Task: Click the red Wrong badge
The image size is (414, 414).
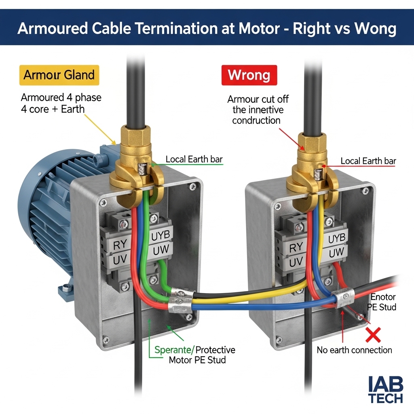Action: (x=249, y=75)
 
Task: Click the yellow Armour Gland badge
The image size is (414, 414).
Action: (x=59, y=75)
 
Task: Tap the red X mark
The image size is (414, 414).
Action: (x=373, y=334)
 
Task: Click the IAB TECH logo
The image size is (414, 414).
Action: (x=385, y=390)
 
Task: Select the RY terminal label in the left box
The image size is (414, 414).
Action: (x=120, y=245)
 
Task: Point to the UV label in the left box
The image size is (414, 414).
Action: (x=120, y=260)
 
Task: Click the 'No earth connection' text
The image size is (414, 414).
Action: (x=354, y=350)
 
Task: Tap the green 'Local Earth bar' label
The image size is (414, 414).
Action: (x=194, y=159)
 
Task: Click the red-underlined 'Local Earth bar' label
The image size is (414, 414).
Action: (x=368, y=161)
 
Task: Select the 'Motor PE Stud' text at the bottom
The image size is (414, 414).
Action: (x=197, y=360)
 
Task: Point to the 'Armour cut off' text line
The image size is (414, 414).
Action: (x=258, y=99)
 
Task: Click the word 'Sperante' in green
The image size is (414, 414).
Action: (x=173, y=350)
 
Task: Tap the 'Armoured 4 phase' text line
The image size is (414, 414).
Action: (x=61, y=97)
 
